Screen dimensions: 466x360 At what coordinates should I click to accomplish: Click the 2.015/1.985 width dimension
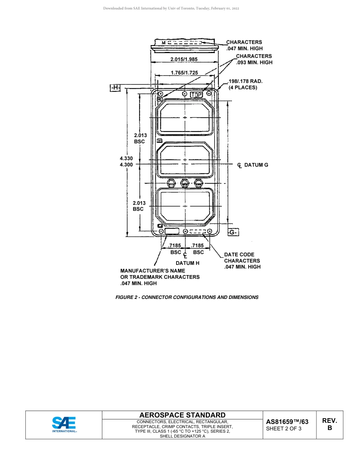click(184, 59)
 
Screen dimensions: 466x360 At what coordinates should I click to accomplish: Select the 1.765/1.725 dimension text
click(184, 73)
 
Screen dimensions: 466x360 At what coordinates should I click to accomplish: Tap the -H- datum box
click(115, 88)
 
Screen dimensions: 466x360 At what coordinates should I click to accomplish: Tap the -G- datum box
click(233, 232)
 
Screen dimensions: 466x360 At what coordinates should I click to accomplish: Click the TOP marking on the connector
click(196, 94)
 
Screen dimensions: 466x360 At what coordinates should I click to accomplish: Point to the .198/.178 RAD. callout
click(245, 81)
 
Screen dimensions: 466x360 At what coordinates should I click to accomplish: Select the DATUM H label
click(187, 263)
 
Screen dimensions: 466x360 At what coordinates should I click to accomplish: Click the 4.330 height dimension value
click(126, 159)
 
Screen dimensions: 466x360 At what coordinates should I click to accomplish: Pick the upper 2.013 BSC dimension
click(140, 138)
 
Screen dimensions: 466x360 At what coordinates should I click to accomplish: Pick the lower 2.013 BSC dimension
click(139, 206)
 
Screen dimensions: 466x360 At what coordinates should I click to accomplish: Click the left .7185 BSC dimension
click(175, 249)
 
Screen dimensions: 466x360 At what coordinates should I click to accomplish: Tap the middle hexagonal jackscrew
click(185, 183)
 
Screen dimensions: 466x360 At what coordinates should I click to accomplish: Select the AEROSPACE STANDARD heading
click(182, 415)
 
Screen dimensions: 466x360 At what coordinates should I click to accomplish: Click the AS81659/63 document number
click(287, 422)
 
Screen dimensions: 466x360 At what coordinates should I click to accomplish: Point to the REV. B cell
click(329, 424)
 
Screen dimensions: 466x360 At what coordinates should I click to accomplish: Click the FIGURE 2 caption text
click(187, 297)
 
